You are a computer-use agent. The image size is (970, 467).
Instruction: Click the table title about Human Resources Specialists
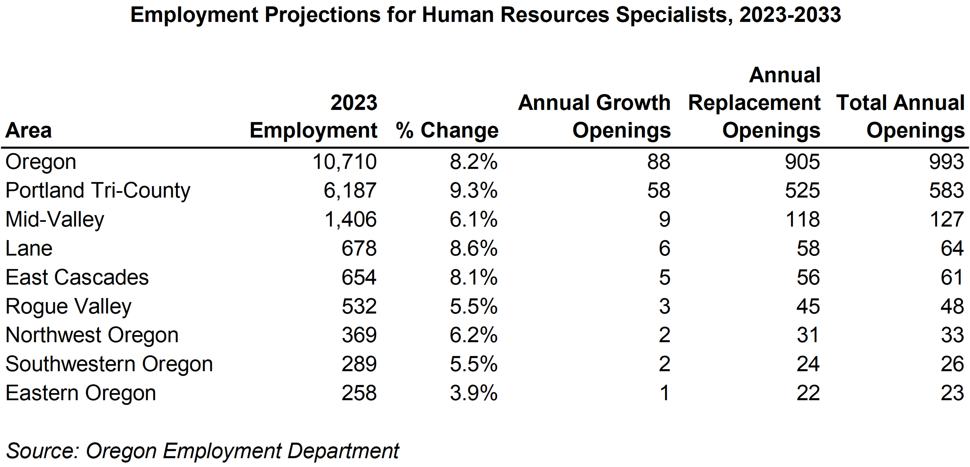[x=485, y=15]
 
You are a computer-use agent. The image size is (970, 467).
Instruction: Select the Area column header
[x=29, y=131]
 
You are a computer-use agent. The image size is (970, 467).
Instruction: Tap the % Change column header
[x=447, y=131]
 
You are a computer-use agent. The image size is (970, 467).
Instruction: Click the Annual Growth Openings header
[x=594, y=116]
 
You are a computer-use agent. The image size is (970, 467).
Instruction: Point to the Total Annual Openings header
[x=900, y=116]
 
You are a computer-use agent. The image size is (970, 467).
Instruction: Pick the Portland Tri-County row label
[x=98, y=190]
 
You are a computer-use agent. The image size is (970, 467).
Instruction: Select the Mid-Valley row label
[x=55, y=219]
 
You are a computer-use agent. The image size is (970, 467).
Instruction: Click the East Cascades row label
[x=77, y=277]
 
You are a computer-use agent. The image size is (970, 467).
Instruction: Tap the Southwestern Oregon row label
[x=109, y=364]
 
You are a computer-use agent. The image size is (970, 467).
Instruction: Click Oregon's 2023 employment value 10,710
[x=344, y=162]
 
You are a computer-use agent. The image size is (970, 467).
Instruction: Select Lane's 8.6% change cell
[x=473, y=248]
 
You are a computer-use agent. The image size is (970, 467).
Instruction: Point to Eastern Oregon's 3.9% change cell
[x=473, y=393]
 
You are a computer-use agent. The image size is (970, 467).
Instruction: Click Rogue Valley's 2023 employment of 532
[x=359, y=306]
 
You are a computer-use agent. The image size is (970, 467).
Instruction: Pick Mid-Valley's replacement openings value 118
[x=803, y=219]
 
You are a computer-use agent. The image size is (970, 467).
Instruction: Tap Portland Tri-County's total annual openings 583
[x=946, y=190]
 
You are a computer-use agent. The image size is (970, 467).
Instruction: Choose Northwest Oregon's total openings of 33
[x=952, y=335]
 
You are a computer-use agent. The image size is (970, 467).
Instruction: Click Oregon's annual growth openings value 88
[x=659, y=162]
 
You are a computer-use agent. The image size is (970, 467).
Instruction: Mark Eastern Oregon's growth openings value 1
[x=665, y=393]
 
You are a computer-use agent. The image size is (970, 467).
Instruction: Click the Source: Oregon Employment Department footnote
[x=203, y=451]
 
